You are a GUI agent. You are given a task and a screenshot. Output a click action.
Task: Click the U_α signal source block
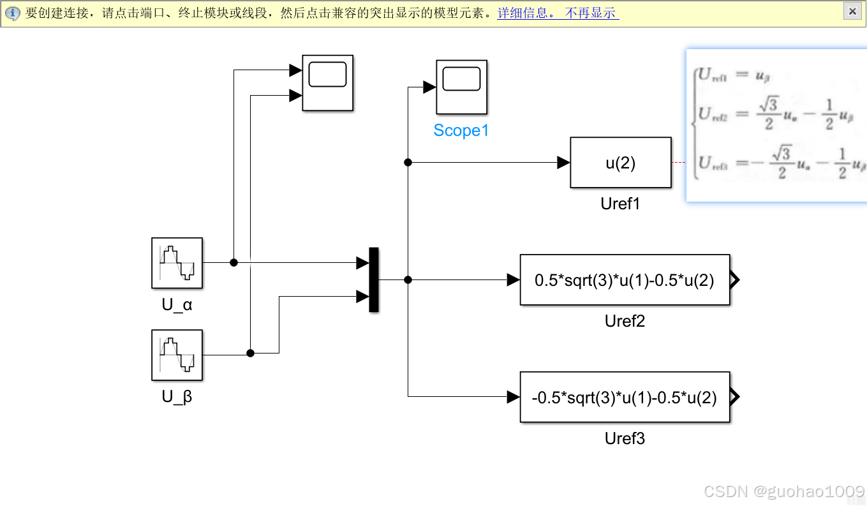pos(177,263)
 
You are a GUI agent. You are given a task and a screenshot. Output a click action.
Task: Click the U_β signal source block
pos(177,355)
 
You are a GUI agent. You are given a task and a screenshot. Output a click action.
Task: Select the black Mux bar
pos(374,279)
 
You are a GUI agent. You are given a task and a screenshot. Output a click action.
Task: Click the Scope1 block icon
pos(461,86)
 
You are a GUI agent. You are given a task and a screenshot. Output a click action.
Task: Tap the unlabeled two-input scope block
pos(327,82)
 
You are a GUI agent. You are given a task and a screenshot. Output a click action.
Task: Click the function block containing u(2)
pos(620,163)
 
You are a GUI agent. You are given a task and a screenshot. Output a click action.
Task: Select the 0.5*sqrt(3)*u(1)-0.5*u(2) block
pos(625,279)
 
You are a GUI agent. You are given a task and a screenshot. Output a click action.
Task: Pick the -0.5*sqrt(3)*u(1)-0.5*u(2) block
pos(625,397)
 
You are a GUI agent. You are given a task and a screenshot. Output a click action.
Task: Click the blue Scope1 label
pos(461,131)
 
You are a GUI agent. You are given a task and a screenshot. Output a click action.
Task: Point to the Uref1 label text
pos(620,204)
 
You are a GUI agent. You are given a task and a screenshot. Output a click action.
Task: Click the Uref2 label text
pos(625,321)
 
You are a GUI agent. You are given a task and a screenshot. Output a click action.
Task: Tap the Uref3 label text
pos(625,439)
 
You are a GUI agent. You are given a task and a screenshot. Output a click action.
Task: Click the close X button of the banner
pos(852,11)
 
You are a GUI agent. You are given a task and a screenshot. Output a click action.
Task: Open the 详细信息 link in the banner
pos(526,13)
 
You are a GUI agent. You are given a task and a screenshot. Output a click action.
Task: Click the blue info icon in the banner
pos(13,13)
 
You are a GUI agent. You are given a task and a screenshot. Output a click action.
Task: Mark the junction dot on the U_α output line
pos(233,262)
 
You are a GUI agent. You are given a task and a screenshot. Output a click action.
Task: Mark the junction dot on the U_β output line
pos(250,353)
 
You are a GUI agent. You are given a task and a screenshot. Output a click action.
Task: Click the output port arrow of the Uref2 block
pos(734,279)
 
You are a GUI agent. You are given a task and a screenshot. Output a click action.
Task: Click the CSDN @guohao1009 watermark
pos(783,491)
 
